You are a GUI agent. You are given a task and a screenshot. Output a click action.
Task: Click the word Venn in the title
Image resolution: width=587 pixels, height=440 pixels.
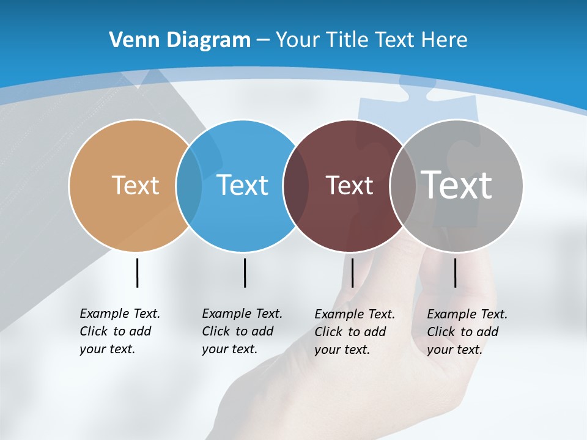[x=131, y=40]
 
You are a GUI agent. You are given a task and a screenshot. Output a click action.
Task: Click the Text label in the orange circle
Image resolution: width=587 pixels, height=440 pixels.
[x=135, y=185]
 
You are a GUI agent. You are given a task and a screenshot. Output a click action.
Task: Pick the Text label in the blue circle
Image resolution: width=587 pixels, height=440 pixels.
[x=242, y=185]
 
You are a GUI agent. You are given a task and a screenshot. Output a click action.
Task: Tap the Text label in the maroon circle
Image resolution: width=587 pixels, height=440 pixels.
[x=349, y=185]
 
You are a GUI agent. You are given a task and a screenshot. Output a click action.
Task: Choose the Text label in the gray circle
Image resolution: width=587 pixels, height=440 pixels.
[x=456, y=185]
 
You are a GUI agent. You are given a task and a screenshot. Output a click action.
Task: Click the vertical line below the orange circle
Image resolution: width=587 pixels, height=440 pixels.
[x=137, y=273]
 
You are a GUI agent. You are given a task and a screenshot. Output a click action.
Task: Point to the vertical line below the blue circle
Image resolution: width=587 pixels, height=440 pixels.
[x=245, y=273]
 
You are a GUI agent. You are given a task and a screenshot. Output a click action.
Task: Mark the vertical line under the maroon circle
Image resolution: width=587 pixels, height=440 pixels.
[x=352, y=273]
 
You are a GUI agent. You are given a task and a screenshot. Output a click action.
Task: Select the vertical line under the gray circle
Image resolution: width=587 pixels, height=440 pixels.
[x=455, y=273]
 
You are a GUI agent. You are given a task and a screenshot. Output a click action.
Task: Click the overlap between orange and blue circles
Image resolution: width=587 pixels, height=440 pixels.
[x=189, y=185]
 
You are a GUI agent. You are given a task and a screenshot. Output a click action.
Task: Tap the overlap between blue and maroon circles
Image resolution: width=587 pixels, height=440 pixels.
[x=296, y=185]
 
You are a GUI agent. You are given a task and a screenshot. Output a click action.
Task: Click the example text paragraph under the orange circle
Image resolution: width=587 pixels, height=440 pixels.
[x=120, y=331]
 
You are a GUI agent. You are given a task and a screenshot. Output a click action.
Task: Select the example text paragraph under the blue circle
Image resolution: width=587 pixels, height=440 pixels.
[x=242, y=331]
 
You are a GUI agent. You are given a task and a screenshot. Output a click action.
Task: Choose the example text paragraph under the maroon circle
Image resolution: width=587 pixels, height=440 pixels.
[x=355, y=332]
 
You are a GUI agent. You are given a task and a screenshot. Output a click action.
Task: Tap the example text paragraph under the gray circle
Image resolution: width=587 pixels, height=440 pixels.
[x=467, y=332]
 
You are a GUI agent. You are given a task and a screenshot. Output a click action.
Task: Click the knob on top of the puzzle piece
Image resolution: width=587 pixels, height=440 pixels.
[x=416, y=87]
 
